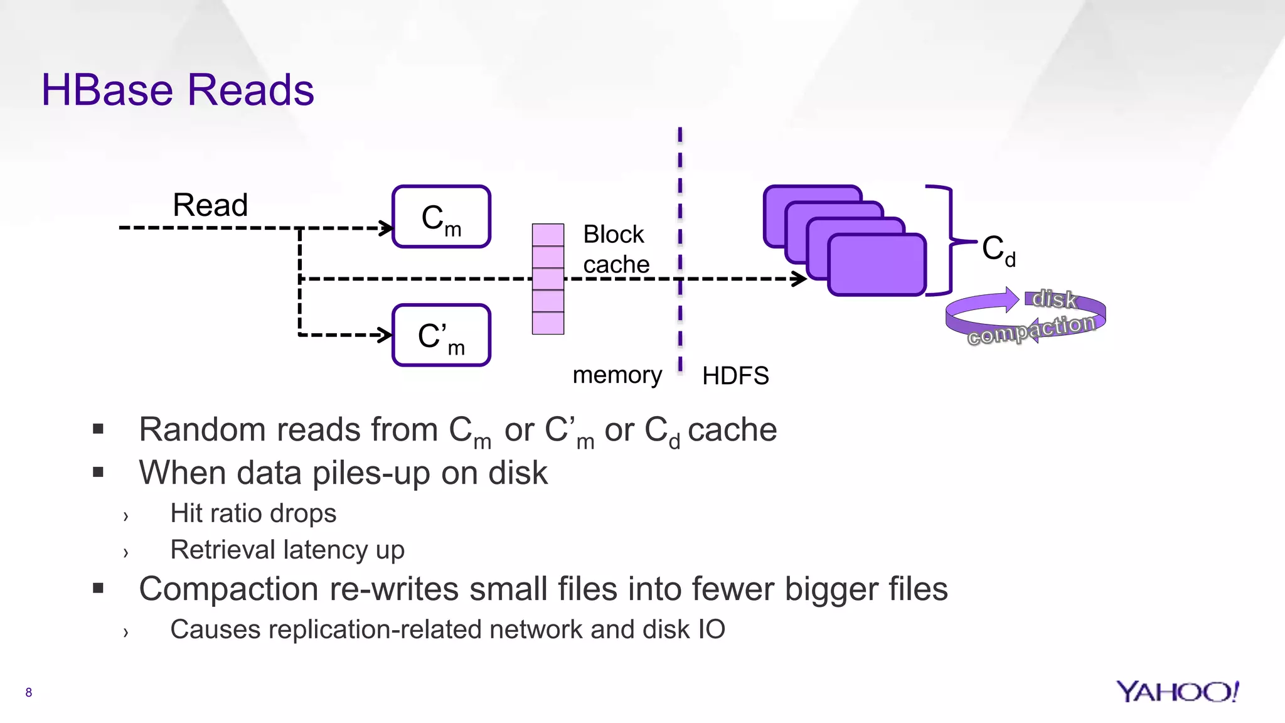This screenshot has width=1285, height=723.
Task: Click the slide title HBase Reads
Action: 178,90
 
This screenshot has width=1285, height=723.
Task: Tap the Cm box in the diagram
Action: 441,217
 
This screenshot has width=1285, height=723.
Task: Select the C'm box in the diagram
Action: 441,336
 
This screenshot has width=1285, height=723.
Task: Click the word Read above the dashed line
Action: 210,205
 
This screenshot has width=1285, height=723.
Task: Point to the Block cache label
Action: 616,249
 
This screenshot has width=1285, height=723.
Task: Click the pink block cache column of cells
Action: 548,279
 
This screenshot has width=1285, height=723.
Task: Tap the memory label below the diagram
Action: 617,375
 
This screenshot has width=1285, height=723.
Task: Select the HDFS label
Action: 735,376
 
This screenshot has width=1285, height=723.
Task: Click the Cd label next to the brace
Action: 998,250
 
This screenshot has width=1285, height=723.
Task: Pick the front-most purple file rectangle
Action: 877,264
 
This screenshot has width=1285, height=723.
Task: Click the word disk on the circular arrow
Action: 1054,299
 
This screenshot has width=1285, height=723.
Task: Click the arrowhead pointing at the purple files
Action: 801,279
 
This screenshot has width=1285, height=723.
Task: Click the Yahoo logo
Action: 1177,692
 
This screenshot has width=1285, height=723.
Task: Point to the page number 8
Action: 28,692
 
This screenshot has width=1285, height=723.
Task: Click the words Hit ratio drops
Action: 253,513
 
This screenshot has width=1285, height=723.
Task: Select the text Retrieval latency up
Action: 287,550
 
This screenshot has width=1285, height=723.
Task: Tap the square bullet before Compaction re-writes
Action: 98,588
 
